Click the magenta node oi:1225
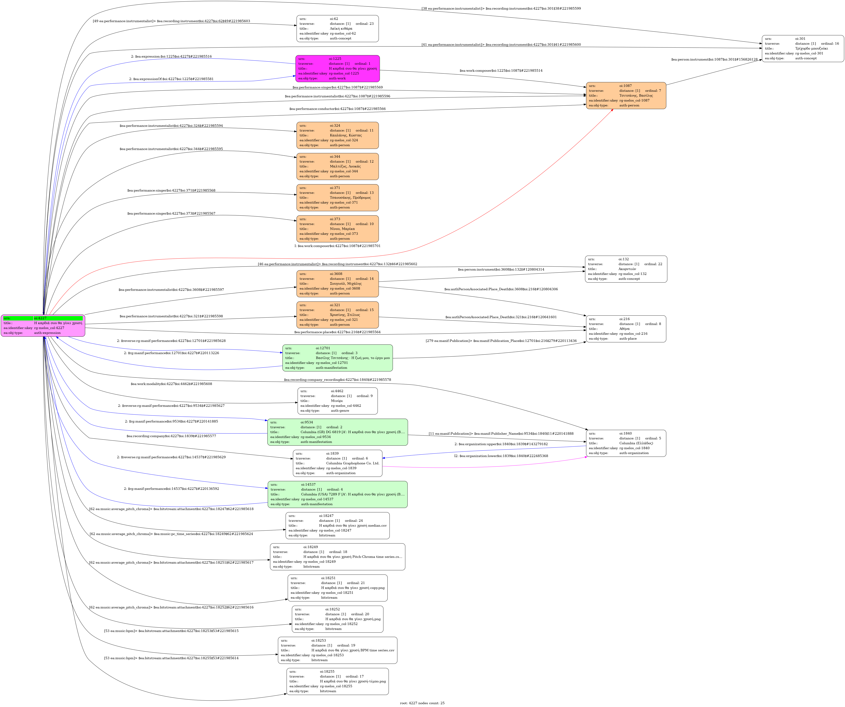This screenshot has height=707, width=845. (x=337, y=68)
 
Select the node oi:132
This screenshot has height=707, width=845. (x=626, y=269)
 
